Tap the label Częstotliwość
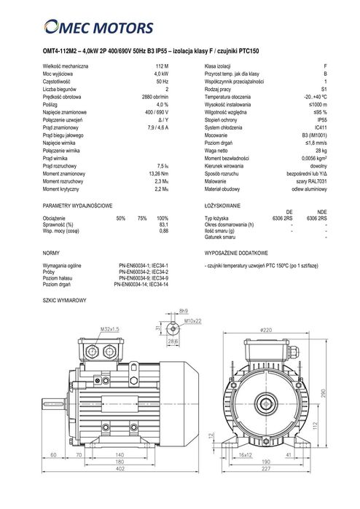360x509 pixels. pos(59,81)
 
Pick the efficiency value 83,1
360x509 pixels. pos(163,224)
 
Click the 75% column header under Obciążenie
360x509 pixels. pos(141,218)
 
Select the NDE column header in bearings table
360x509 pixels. pos(321,211)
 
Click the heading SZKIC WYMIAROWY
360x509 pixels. pos(65,299)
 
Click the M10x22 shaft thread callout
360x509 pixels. pos(192,319)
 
